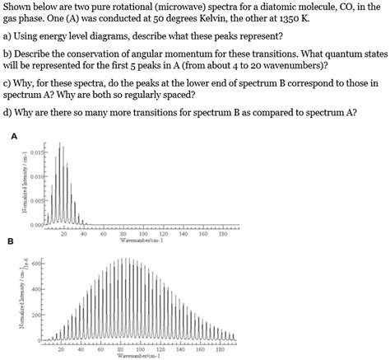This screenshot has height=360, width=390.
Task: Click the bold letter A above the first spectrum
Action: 12,137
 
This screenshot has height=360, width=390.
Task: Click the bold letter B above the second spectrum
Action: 12,241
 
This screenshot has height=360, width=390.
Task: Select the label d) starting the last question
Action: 8,111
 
